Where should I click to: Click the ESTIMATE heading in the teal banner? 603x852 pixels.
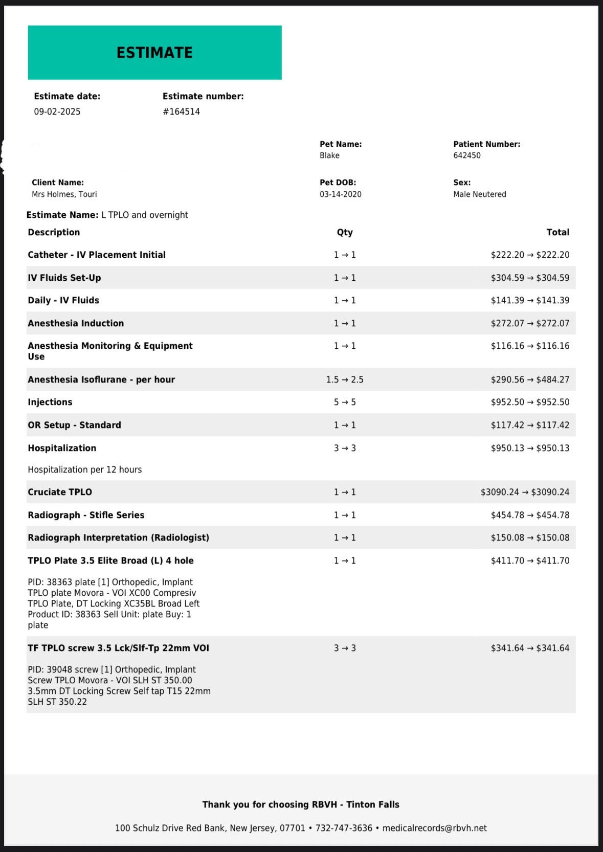click(154, 53)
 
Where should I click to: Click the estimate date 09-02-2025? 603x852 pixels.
click(57, 111)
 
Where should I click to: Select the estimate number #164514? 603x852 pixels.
click(181, 111)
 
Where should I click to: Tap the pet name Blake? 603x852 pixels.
click(329, 155)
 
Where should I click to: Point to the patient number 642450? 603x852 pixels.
click(466, 155)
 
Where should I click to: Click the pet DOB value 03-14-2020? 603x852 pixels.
click(340, 194)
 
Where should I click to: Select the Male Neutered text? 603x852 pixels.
click(479, 194)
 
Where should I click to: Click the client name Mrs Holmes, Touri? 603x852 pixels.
click(64, 194)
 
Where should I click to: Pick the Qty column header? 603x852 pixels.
click(345, 232)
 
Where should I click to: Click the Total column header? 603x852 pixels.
click(557, 232)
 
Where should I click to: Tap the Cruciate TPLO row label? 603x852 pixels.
click(60, 492)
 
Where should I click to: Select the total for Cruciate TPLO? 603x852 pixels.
click(525, 492)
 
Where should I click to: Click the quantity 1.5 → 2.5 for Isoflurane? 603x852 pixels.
click(345, 379)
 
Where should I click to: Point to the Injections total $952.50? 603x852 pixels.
click(530, 402)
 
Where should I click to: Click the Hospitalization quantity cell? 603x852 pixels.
click(345, 448)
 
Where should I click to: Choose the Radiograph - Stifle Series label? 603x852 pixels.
click(86, 515)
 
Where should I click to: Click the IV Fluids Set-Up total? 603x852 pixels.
click(530, 278)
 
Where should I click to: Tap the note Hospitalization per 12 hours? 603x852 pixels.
click(84, 469)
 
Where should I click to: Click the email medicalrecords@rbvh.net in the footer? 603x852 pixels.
click(434, 828)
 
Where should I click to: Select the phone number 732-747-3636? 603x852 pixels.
click(344, 828)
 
